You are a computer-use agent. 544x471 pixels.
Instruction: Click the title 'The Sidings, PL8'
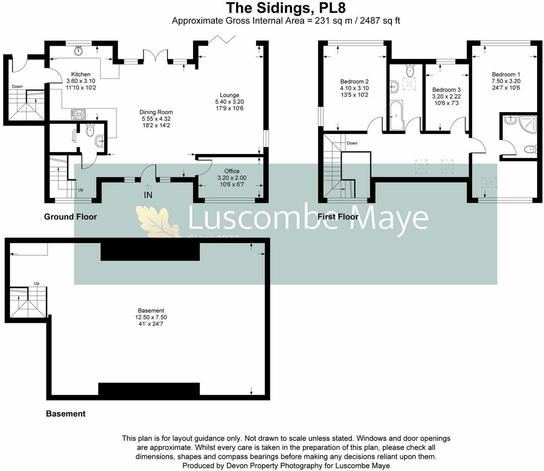[x=286, y=8]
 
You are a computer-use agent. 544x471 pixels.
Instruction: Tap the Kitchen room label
[x=81, y=75]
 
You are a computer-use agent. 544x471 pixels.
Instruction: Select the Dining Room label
[x=156, y=112]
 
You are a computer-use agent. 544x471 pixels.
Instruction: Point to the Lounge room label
[x=229, y=95]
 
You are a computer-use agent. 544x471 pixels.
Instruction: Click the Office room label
[x=232, y=171]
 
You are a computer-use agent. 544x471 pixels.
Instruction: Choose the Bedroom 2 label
[x=354, y=82]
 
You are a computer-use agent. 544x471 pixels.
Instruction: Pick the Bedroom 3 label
[x=446, y=90]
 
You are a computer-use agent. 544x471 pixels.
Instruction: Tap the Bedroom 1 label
[x=506, y=75]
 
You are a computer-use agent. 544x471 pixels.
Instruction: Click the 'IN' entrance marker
[x=148, y=195]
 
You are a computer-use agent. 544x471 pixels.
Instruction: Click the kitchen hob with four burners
[x=79, y=114]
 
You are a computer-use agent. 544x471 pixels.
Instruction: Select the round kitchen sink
[x=79, y=50]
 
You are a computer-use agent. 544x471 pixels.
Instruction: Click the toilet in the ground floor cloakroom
[x=91, y=130]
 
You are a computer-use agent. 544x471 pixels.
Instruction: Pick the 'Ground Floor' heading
[x=71, y=217]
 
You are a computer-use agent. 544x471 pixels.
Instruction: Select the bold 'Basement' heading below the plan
[x=66, y=413]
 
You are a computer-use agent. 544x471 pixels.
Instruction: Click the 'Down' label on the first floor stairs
[x=352, y=143]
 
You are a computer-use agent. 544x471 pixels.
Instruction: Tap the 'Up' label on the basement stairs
[x=37, y=283]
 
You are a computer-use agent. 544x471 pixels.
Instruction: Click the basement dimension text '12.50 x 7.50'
[x=151, y=317]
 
